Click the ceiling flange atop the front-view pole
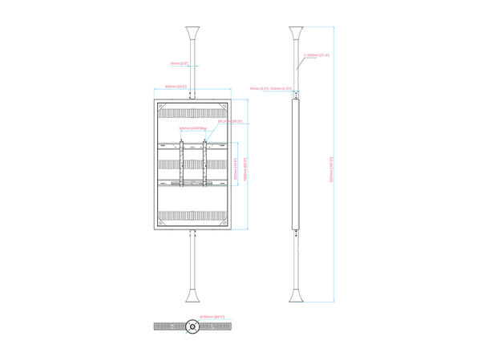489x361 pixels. (x=192, y=36)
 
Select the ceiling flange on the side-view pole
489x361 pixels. (x=297, y=36)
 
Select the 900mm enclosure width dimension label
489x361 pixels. (x=176, y=87)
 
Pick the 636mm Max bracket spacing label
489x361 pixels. (x=192, y=128)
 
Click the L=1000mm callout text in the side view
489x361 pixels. (x=318, y=55)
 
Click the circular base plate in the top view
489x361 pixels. (x=192, y=327)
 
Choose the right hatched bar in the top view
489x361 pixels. (x=216, y=327)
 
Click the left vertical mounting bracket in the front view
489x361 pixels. (x=181, y=164)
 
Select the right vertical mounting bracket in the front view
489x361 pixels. (x=204, y=164)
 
